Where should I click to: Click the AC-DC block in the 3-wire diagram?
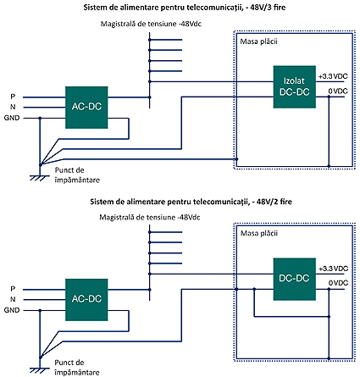coord(86,108)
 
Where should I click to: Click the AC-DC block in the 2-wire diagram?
coord(86,300)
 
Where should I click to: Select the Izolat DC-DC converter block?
coord(294,86)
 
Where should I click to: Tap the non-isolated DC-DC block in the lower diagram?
coord(294,279)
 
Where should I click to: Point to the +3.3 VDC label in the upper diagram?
coord(333,76)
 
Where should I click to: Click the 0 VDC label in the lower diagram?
coord(338,283)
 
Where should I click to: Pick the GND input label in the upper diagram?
coord(12,118)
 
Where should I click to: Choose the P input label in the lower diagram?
coord(13,289)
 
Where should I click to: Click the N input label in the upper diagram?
coord(13,107)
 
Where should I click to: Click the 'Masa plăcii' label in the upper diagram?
coord(258,42)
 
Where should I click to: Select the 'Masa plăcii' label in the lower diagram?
coord(259,233)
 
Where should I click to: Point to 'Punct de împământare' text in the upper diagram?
coord(77,175)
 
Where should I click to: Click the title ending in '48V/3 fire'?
coord(185,8)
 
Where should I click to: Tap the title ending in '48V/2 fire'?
coord(191,202)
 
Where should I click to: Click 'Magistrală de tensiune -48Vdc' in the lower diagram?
coord(150,218)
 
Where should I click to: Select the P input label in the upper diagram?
coord(13,97)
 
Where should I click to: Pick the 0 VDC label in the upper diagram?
coord(338,91)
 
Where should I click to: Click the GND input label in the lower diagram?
coord(12,310)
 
